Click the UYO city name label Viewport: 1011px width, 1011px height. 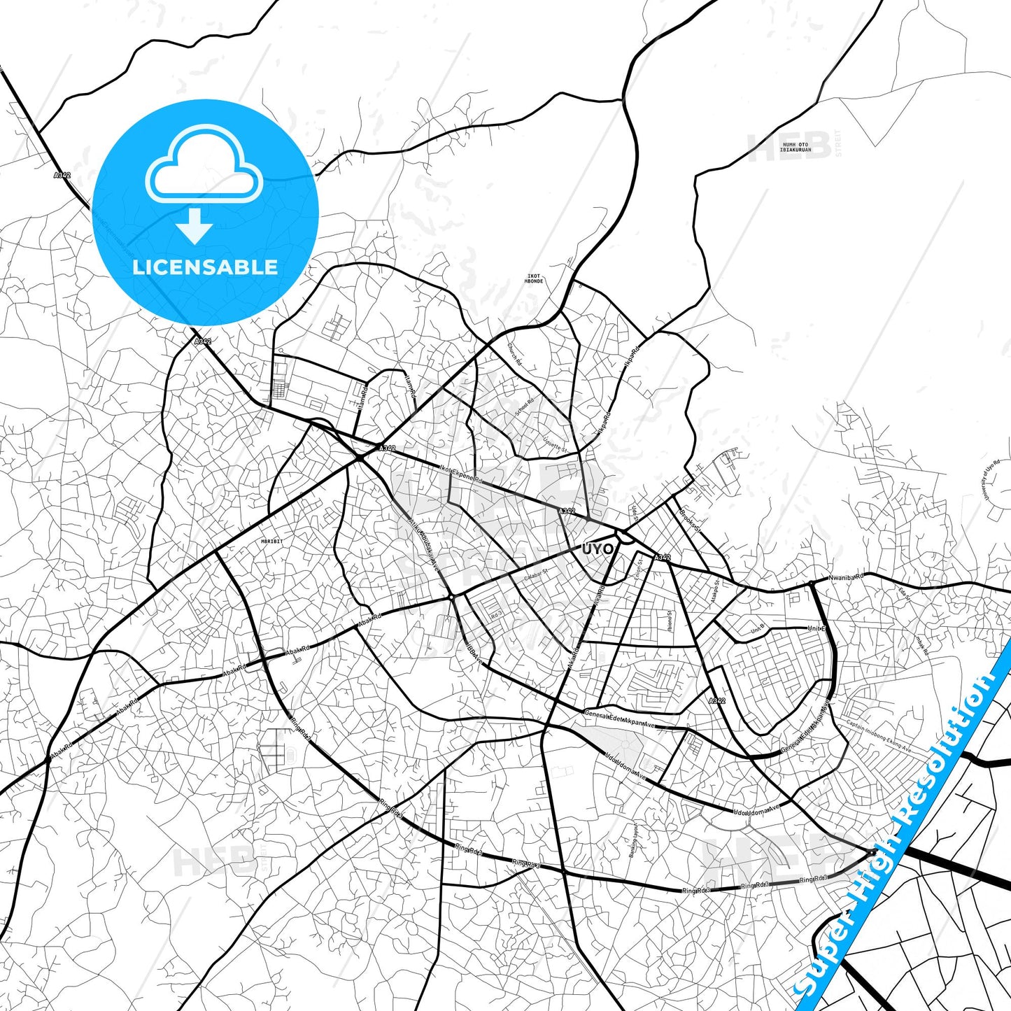[597, 549]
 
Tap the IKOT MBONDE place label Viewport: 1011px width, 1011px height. [534, 278]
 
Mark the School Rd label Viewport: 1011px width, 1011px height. [525, 407]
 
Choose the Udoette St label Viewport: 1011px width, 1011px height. [556, 446]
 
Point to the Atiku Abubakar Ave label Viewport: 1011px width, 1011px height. [424, 542]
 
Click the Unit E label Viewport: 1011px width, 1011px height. [816, 628]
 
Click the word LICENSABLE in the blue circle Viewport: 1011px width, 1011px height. [205, 267]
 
